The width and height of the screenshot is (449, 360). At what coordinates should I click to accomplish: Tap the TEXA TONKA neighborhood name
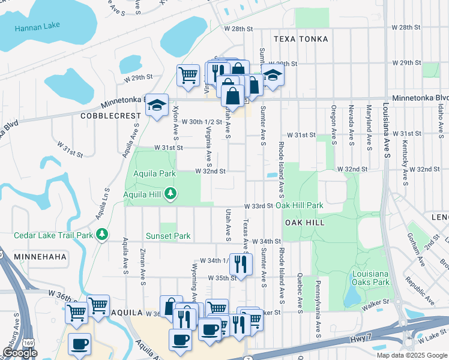click(x=301, y=39)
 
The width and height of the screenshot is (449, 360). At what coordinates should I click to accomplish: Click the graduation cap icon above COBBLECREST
click(x=157, y=106)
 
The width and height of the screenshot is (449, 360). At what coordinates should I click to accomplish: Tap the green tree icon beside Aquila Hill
click(x=171, y=193)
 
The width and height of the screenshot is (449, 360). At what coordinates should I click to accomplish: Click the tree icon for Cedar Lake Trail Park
click(x=102, y=233)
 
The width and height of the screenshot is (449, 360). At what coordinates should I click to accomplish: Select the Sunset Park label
click(x=169, y=236)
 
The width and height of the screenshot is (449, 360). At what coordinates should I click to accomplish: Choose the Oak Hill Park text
click(x=300, y=206)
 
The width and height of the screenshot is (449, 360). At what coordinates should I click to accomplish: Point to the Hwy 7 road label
click(x=358, y=340)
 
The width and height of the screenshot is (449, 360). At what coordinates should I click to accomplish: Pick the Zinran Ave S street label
click(x=143, y=267)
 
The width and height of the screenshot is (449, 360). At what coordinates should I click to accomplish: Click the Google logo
click(x=20, y=353)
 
